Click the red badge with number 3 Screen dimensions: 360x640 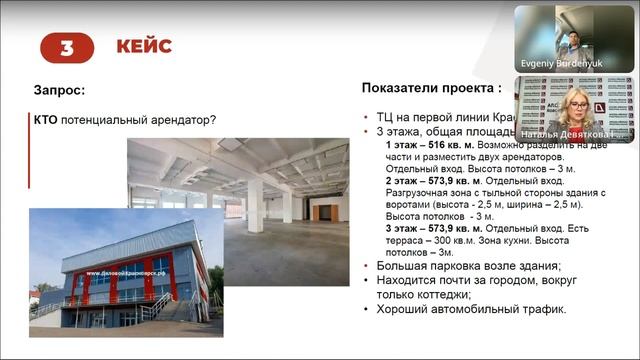67,47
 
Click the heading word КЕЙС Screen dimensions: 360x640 143,47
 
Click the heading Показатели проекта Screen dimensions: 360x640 431,88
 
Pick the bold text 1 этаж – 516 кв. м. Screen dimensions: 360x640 431,146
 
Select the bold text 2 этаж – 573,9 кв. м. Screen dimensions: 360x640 435,182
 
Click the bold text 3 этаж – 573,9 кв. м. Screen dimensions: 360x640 435,228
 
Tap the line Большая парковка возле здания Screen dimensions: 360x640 468,265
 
